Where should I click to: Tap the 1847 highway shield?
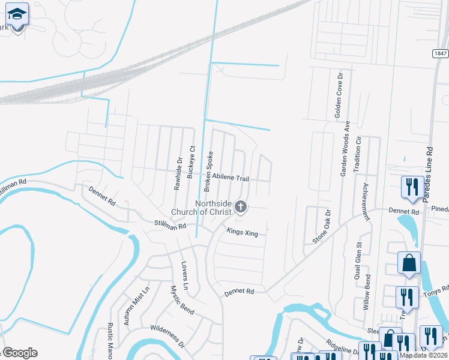point(440,54)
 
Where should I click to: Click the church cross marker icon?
point(240,208)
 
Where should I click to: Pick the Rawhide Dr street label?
point(178,173)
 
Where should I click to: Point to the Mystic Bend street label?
point(181,301)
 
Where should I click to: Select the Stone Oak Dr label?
point(322,226)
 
